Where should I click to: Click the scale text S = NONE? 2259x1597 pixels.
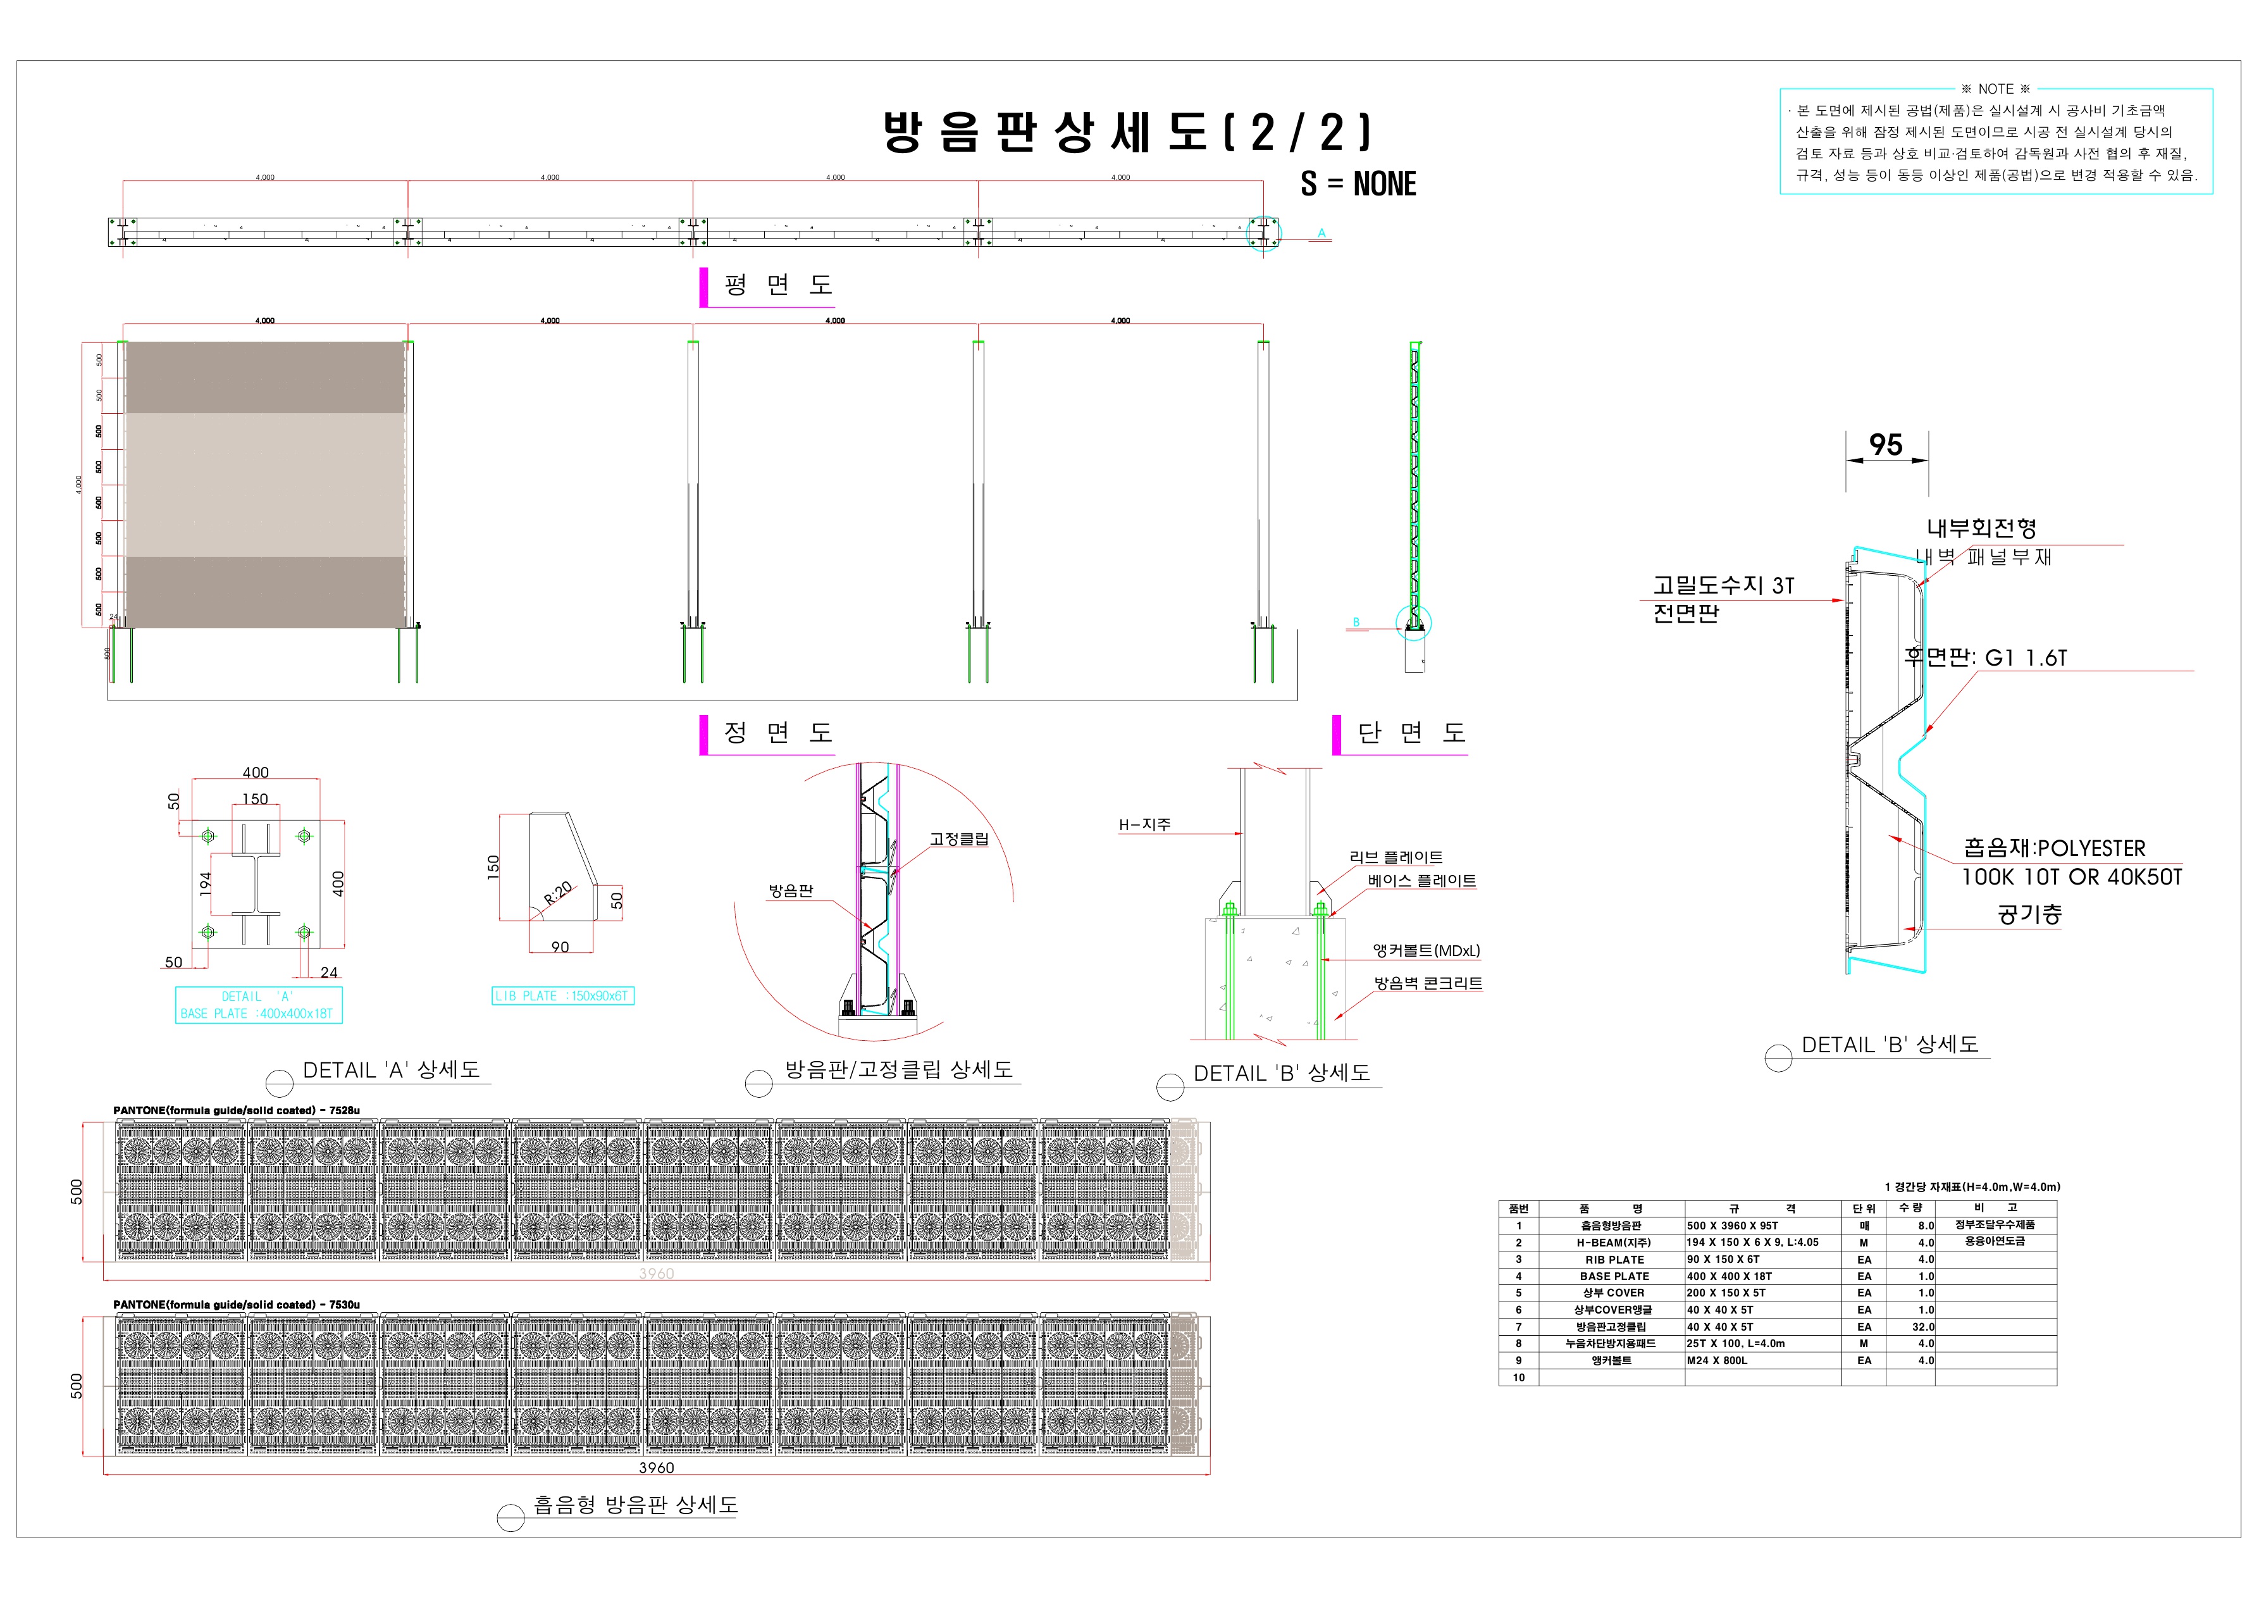(1358, 184)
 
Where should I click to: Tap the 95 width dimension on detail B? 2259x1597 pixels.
(1885, 445)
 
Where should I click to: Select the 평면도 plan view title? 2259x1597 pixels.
(777, 285)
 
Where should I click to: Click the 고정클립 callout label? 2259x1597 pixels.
(958, 840)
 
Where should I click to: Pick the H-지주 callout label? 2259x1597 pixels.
(1144, 824)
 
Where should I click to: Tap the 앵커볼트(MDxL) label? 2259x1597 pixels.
(1426, 950)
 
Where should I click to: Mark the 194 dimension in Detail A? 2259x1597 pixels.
(206, 883)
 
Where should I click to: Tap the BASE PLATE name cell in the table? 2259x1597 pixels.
(1614, 1276)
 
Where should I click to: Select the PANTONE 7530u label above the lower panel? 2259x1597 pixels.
(236, 1305)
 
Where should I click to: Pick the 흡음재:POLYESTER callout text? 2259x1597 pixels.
(2054, 848)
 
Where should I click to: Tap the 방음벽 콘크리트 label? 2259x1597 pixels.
(1428, 983)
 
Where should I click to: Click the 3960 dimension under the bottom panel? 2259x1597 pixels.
(656, 1468)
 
